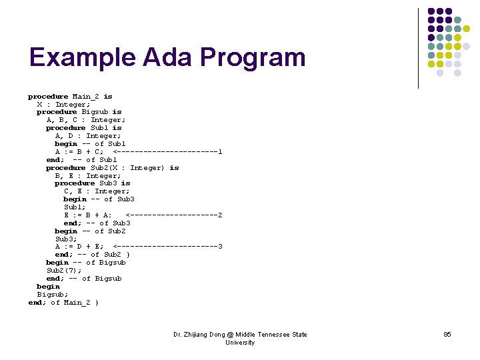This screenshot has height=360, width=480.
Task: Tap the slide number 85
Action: pyautogui.click(x=447, y=334)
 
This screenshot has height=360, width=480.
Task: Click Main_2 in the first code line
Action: pyautogui.click(x=86, y=97)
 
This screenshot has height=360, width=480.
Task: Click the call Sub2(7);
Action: pyautogui.click(x=64, y=271)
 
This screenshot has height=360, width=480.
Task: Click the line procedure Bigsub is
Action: pyautogui.click(x=79, y=112)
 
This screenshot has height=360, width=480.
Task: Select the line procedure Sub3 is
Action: pyautogui.click(x=92, y=183)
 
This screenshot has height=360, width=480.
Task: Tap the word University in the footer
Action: pyautogui.click(x=240, y=343)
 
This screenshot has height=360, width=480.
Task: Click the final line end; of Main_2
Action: pyautogui.click(x=63, y=303)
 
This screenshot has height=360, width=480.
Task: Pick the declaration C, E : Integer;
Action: pyautogui.click(x=97, y=191)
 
